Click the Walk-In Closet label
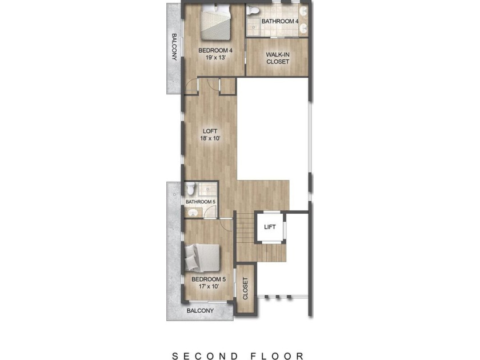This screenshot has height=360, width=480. [x=278, y=58]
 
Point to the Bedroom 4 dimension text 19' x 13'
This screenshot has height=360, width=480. [x=215, y=58]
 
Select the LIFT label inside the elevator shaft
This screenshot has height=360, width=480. [x=270, y=227]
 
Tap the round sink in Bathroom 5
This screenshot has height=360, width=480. [x=193, y=213]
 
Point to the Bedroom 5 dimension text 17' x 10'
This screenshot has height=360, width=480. [x=209, y=286]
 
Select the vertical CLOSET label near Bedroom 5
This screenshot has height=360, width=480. [x=245, y=289]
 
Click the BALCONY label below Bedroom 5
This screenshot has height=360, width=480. [x=200, y=311]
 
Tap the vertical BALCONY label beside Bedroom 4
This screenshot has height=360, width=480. [x=174, y=47]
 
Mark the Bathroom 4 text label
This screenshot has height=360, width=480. [x=280, y=22]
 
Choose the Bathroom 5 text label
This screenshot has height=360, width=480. [x=201, y=202]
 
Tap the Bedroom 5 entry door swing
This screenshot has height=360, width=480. [x=225, y=224]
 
